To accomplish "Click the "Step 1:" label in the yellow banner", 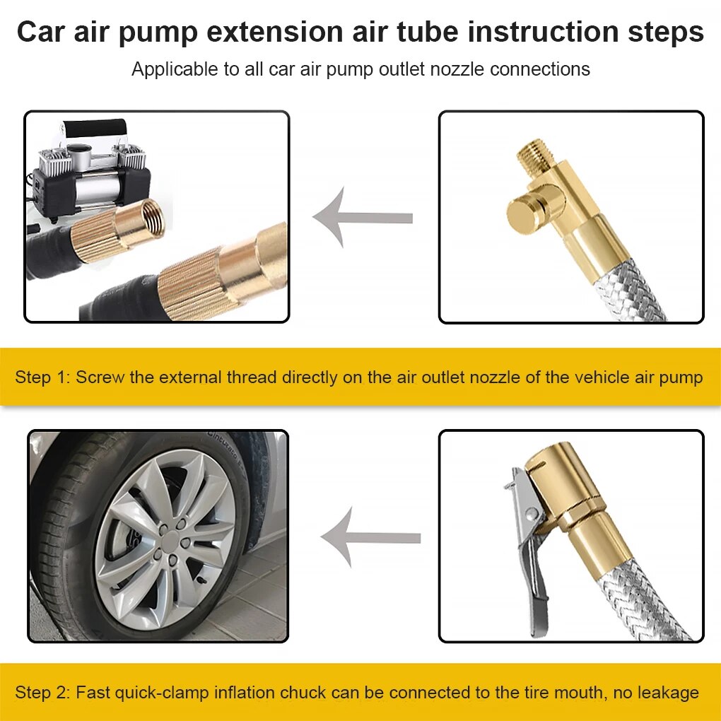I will tap(42, 377).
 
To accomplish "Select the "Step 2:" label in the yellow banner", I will tap(42, 692).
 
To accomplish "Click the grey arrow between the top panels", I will tap(362, 218).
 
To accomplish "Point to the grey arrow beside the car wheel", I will tap(370, 538).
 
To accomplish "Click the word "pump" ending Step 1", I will tap(680, 377).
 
